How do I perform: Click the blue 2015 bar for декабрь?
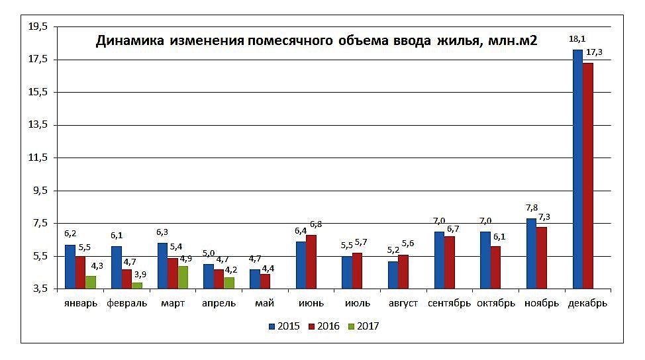[577, 169]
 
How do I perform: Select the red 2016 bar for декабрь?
[587, 176]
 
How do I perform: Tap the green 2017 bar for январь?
[91, 283]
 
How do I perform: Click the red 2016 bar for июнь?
[311, 262]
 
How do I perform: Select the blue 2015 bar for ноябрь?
[531, 254]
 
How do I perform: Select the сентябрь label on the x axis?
[449, 304]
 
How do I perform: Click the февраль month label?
[127, 304]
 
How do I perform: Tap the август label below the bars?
[403, 304]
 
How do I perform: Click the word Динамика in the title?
[129, 42]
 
